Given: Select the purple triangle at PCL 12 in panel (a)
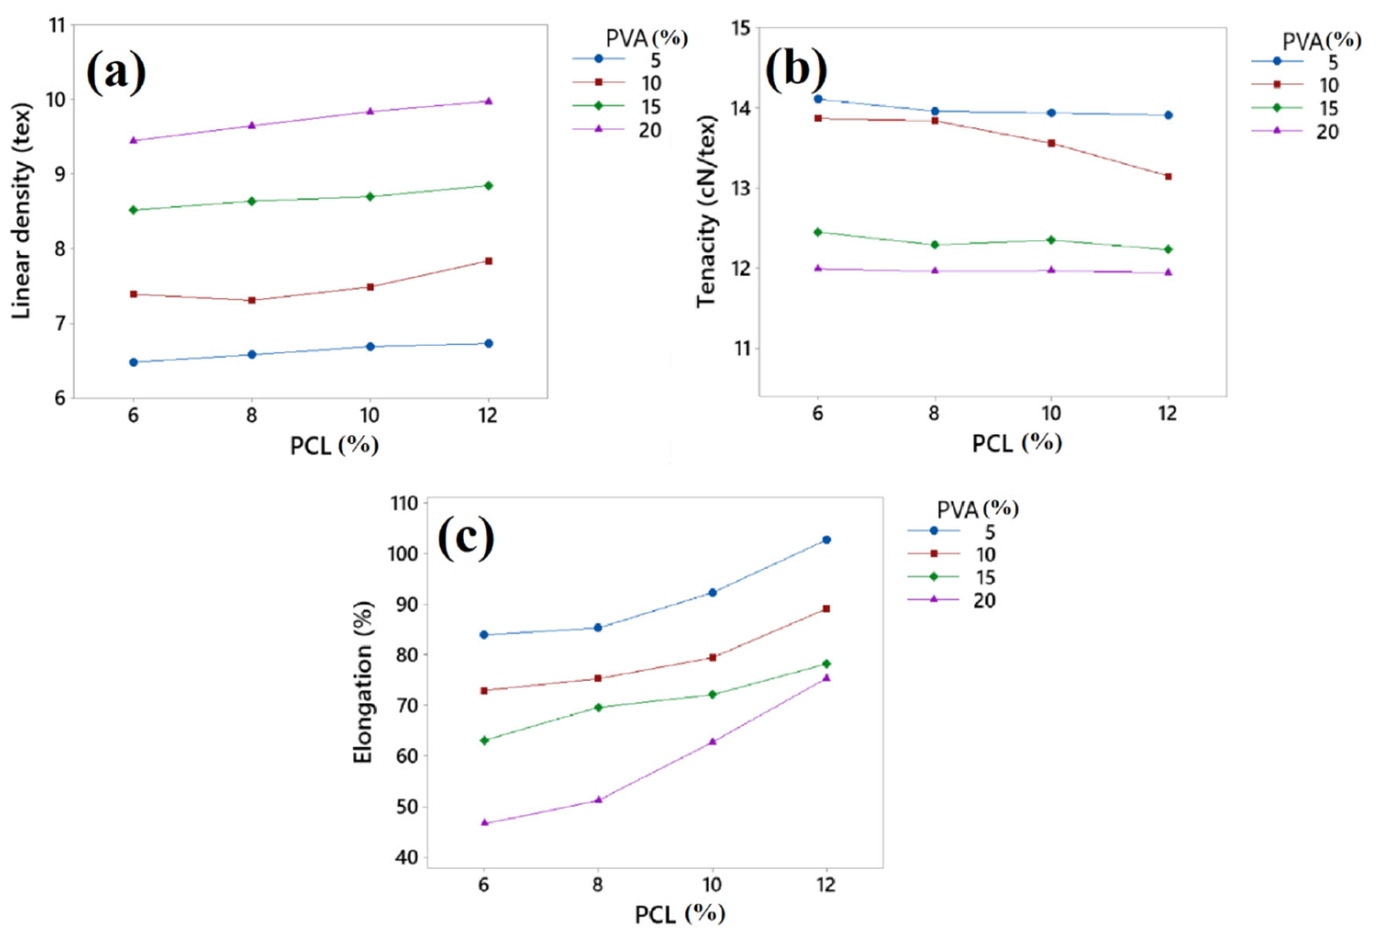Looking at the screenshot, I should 488,101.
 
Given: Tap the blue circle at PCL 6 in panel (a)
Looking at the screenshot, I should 134,362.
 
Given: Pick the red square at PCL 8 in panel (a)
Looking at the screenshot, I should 252,300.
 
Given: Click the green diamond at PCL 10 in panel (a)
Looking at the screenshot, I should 370,197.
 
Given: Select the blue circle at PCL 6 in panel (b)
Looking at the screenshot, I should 818,99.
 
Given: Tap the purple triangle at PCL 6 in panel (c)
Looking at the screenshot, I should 485,823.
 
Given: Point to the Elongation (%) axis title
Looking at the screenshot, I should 363,682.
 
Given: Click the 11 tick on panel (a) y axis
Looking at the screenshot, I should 59,25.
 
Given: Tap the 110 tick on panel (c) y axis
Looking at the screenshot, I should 405,503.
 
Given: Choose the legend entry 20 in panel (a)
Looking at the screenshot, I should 649,131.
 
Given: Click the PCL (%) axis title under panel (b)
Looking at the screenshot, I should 1016,442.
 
